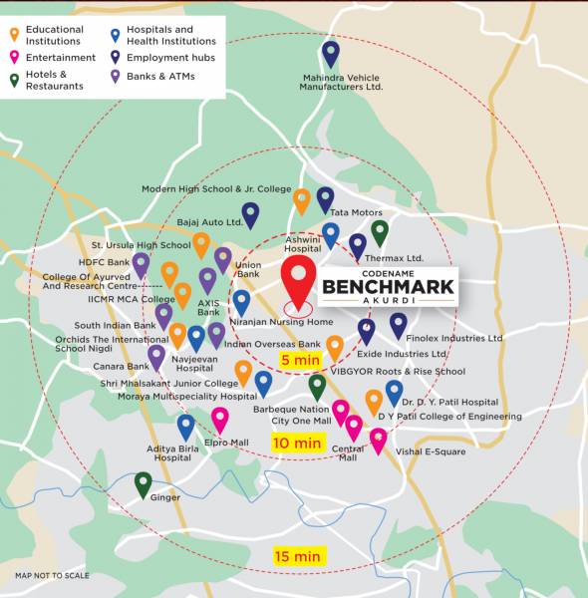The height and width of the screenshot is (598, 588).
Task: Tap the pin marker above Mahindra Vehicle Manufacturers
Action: pos(331,53)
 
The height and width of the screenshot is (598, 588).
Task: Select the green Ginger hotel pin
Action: pos(144,483)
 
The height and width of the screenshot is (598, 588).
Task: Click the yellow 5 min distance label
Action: pos(299,360)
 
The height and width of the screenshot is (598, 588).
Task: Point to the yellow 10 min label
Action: pos(298,442)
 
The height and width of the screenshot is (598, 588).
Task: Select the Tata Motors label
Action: pos(357,212)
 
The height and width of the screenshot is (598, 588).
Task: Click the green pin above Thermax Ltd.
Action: pos(380,231)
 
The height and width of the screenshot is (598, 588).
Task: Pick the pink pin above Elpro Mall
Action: pos(220,419)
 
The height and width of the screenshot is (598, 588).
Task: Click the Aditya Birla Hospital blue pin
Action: pos(186,426)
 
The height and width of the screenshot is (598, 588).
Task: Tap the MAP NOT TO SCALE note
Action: pos(52,575)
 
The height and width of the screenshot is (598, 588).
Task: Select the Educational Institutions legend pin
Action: pos(14,35)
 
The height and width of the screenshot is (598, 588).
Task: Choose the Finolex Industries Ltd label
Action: pos(455,338)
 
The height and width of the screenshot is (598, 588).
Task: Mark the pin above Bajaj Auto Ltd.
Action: pos(250,214)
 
